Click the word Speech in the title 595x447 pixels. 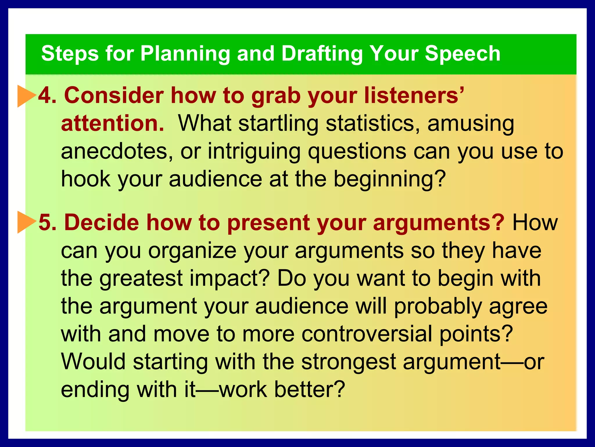coord(463,54)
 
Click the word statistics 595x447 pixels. coord(372,123)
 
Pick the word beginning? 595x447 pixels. coord(389,179)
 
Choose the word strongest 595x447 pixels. coord(348,362)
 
